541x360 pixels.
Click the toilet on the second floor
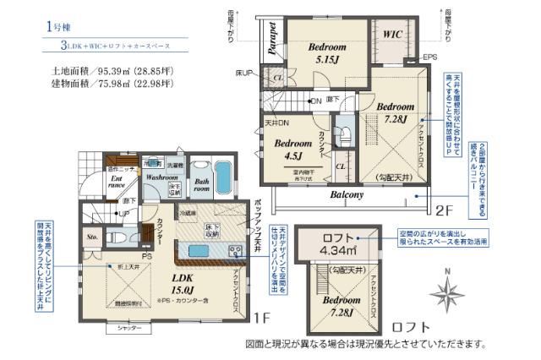click(345, 139)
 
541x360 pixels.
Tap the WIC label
click(391, 35)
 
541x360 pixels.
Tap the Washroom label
click(160, 179)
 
